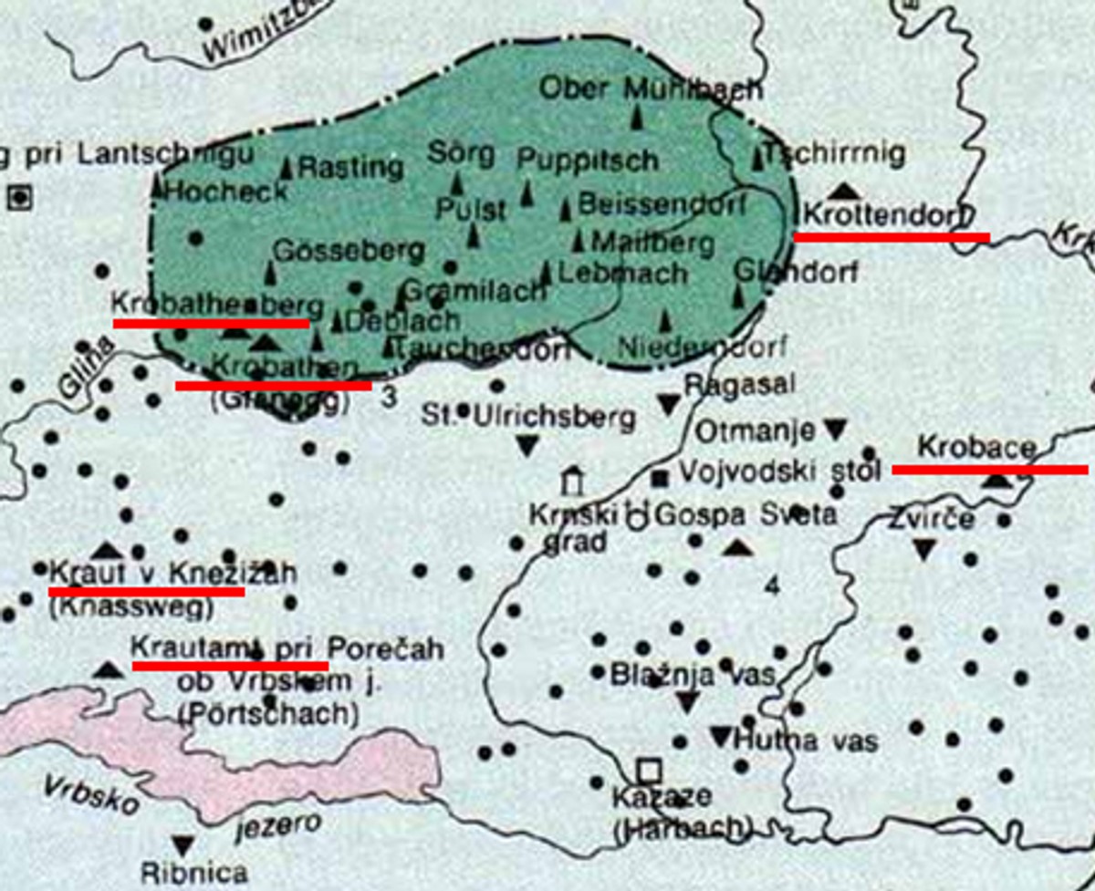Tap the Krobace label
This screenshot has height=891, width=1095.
(976, 449)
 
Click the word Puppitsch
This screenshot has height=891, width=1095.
(588, 160)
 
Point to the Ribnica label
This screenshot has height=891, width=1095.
(194, 873)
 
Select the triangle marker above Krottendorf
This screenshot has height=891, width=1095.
(845, 190)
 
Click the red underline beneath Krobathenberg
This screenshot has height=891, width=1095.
(211, 323)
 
